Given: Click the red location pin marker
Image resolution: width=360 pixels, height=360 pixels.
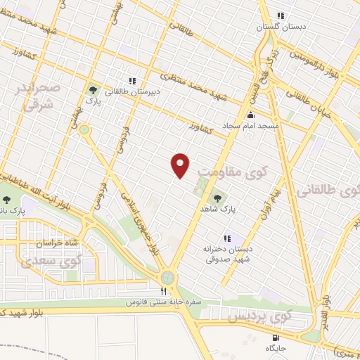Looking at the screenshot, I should coord(181,165).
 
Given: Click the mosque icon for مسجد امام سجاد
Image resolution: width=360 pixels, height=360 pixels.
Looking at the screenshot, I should coord(251,115).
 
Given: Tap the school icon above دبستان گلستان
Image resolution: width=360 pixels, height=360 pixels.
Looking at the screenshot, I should coord(281,15).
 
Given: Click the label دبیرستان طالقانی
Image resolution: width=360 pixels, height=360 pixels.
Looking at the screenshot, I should coord(131,91).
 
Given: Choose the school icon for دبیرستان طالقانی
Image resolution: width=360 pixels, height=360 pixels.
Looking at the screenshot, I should coord(131,80).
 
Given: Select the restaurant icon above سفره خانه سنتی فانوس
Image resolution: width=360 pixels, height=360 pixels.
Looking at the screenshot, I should coord(164,291).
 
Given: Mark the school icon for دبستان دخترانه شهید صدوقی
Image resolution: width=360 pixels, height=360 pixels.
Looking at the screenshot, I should coord(226,238).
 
